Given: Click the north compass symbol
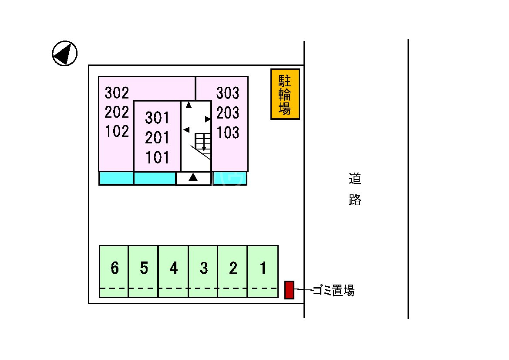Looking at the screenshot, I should [x=64, y=53].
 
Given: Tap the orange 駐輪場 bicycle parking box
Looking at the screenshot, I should [x=285, y=94].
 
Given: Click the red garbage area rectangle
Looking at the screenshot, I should [x=289, y=290].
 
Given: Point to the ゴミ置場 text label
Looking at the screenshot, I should [x=334, y=290].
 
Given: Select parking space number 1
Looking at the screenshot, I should [x=263, y=268].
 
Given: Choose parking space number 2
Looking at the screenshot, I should [x=233, y=268].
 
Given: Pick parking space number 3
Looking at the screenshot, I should [x=203, y=268].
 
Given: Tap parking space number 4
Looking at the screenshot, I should [x=173, y=268].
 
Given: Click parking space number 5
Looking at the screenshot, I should [x=144, y=268].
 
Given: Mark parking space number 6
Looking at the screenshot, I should [x=115, y=268].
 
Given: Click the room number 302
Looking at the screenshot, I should [x=117, y=92].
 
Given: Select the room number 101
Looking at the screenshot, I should [x=157, y=157].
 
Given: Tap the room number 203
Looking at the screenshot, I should [x=228, y=113].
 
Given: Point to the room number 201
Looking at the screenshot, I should [x=157, y=138].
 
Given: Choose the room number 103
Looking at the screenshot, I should [x=228, y=132].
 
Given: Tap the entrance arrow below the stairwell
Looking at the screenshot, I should [x=193, y=177].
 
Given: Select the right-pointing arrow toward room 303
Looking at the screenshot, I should [x=208, y=119].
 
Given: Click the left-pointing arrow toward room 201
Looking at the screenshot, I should [x=186, y=129].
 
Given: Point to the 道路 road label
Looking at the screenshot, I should [x=355, y=189].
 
